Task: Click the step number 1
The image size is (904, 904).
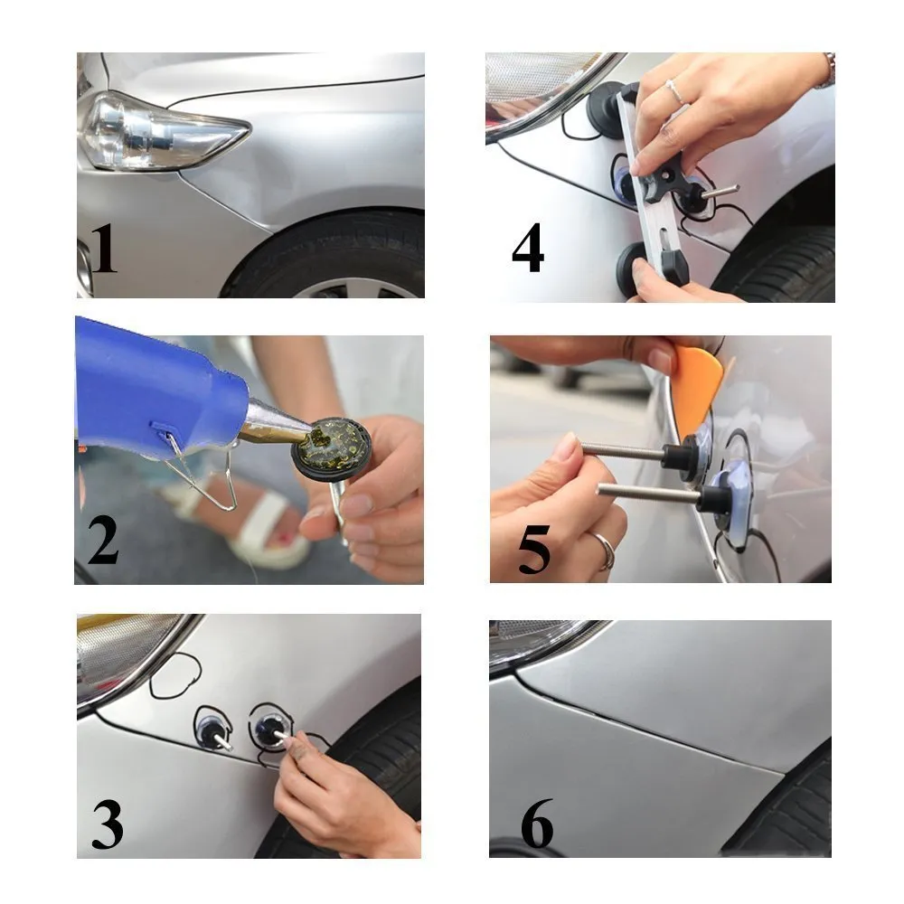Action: tap(104, 249)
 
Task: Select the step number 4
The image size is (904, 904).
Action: tap(528, 248)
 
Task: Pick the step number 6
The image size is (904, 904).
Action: tap(537, 824)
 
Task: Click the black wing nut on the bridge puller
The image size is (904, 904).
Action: tap(669, 180)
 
